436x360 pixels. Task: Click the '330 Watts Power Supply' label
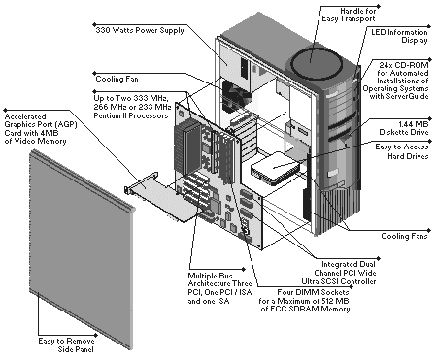140,30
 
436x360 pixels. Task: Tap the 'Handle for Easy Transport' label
349,15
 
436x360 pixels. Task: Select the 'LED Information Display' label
399,36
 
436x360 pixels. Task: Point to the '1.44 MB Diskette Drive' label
404,128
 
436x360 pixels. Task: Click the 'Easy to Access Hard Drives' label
402,151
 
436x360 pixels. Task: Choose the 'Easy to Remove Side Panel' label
66,344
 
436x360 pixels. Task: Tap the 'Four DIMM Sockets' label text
313,292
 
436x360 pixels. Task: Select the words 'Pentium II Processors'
131,115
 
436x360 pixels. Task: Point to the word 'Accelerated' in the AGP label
25,116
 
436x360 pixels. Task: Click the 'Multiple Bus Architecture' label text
219,279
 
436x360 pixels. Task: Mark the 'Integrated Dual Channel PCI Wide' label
345,269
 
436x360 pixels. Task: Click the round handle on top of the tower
317,64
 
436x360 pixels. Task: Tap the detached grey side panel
82,249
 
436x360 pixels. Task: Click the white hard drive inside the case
276,168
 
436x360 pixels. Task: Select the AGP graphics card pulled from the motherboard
163,196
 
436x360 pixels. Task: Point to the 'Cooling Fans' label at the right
404,236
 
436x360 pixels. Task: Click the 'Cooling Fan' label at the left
117,79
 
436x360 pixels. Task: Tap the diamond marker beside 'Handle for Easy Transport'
379,6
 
